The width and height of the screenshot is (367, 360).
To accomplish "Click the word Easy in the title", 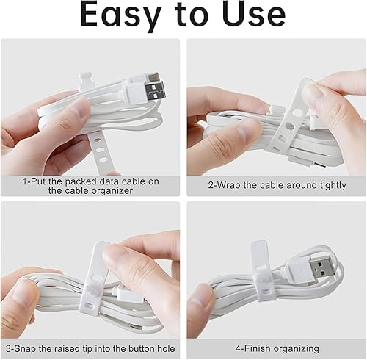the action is tap(120, 15).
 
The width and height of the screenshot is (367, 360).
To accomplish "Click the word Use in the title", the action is tap(255, 13).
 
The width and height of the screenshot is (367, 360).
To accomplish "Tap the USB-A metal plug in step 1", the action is tap(155, 90).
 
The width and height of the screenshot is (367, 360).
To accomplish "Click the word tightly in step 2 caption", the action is tap(333, 186).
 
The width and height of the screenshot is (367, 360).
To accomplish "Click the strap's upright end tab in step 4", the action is tap(259, 255).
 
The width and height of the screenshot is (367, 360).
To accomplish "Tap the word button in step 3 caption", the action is tap(142, 348).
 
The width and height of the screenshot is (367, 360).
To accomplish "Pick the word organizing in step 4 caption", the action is tap(297, 349).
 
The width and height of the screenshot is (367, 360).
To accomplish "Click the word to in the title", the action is tap(192, 15).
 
